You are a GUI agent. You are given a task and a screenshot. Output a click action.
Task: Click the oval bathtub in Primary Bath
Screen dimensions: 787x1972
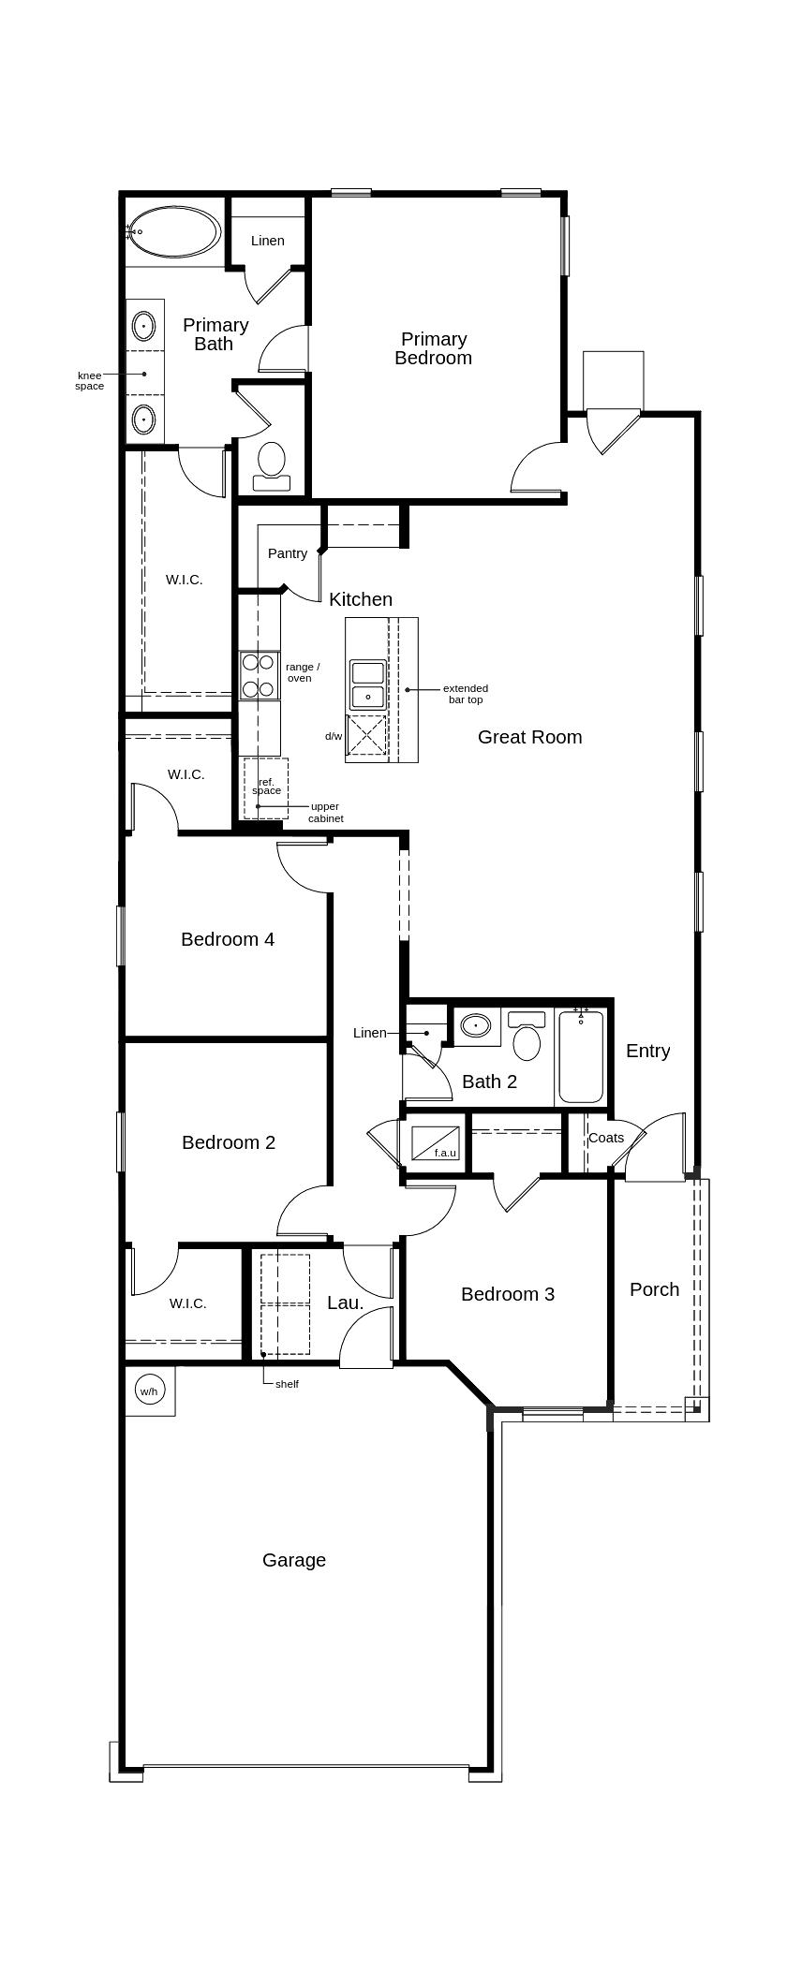click(x=174, y=231)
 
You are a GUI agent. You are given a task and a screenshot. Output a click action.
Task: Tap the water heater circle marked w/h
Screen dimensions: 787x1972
click(x=149, y=1391)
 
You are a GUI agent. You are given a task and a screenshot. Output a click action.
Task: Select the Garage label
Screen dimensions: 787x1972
click(x=294, y=1560)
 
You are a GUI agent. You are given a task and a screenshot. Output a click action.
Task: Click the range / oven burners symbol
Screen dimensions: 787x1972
click(x=259, y=676)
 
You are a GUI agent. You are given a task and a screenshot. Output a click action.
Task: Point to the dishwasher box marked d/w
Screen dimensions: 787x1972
click(x=367, y=735)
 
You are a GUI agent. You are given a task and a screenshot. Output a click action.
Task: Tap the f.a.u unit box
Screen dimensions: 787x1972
click(x=436, y=1143)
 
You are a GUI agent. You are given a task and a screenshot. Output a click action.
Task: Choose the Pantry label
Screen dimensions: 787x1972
click(x=288, y=553)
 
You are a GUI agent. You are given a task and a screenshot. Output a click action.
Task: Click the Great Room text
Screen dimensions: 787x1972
click(x=529, y=737)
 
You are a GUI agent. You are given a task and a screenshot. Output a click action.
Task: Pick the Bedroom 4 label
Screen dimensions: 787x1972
click(x=228, y=939)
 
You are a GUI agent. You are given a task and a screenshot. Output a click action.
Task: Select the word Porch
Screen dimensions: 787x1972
click(x=654, y=1289)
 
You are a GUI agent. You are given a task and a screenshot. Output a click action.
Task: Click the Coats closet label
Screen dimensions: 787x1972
click(x=606, y=1138)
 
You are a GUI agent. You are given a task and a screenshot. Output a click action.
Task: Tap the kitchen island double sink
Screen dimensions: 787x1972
click(x=367, y=684)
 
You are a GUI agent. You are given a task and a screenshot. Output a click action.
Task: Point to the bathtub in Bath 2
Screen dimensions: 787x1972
click(x=581, y=1055)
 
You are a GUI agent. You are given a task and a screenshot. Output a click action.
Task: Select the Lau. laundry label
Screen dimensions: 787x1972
click(x=345, y=1302)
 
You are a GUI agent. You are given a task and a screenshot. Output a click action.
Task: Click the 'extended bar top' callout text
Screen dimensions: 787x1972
click(x=466, y=694)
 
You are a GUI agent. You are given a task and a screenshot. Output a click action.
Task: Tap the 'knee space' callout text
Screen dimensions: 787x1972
click(x=90, y=380)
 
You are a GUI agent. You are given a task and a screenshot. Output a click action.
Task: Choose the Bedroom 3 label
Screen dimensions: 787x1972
click(x=508, y=1294)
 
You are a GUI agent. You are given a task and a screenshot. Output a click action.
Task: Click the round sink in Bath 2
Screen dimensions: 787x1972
click(x=477, y=1026)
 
